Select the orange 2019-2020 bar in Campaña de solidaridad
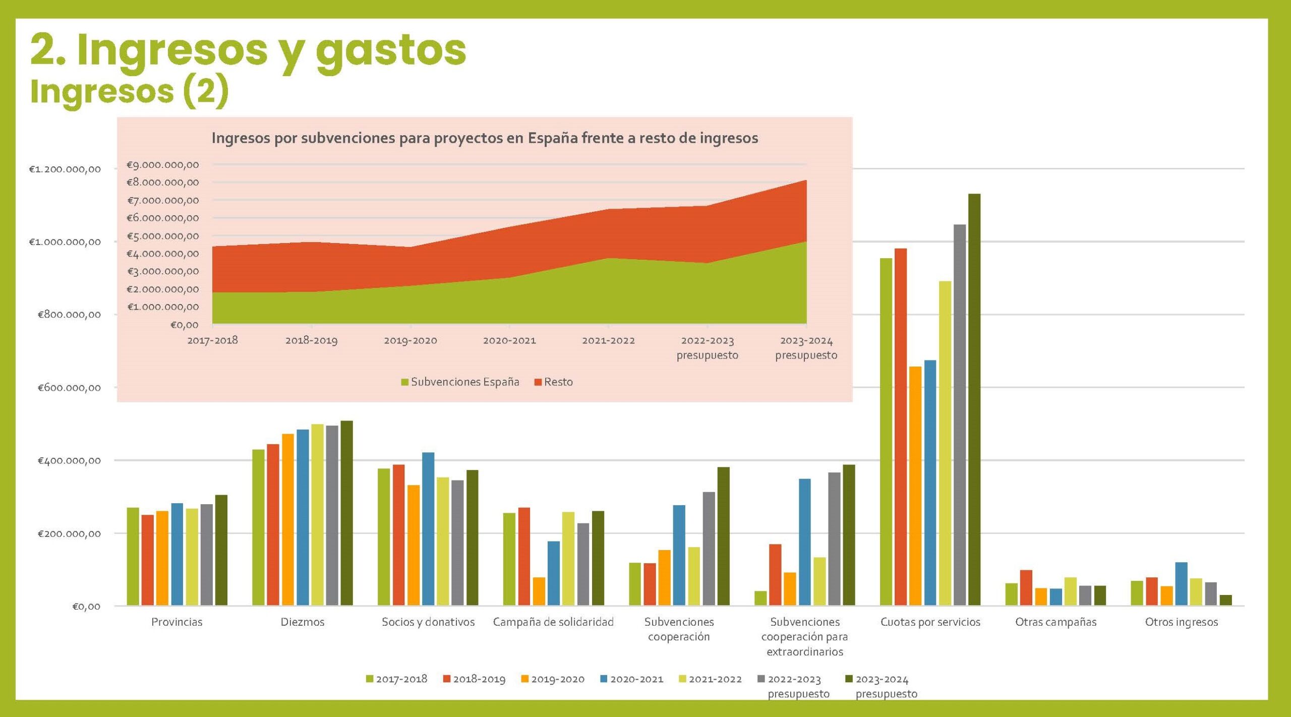pos(539,591)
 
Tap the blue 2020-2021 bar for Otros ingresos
pos(1181,583)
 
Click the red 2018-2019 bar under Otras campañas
pos(1026,587)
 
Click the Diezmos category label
pos(303,622)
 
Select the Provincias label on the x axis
pos(177,622)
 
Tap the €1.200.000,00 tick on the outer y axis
pos(65,169)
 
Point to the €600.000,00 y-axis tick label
pos(69,388)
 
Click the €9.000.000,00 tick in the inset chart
pos(162,165)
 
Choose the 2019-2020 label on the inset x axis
pos(410,340)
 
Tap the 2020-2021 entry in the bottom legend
pos(631,679)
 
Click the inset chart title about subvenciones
pos(485,138)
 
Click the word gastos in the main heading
pos(391,50)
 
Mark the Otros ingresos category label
pos(1181,622)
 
